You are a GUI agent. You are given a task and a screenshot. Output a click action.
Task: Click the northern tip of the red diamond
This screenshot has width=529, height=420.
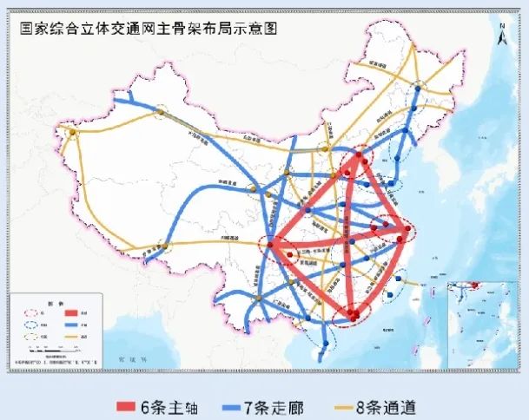pos(358,161)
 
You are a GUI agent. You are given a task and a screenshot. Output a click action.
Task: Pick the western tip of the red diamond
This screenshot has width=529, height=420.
pos(272,246)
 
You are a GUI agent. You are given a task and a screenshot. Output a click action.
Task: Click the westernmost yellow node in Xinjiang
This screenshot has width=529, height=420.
pos(74,135)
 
